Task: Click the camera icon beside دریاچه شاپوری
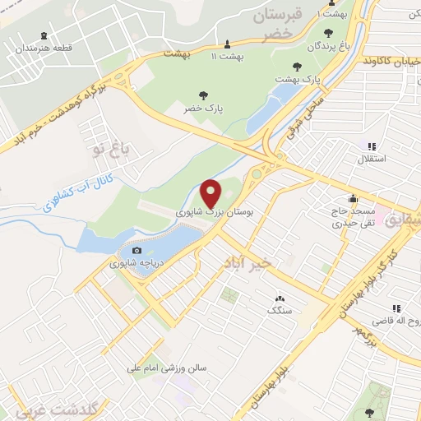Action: point(136,251)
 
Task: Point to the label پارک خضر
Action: point(204,108)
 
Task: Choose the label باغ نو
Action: point(112,150)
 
